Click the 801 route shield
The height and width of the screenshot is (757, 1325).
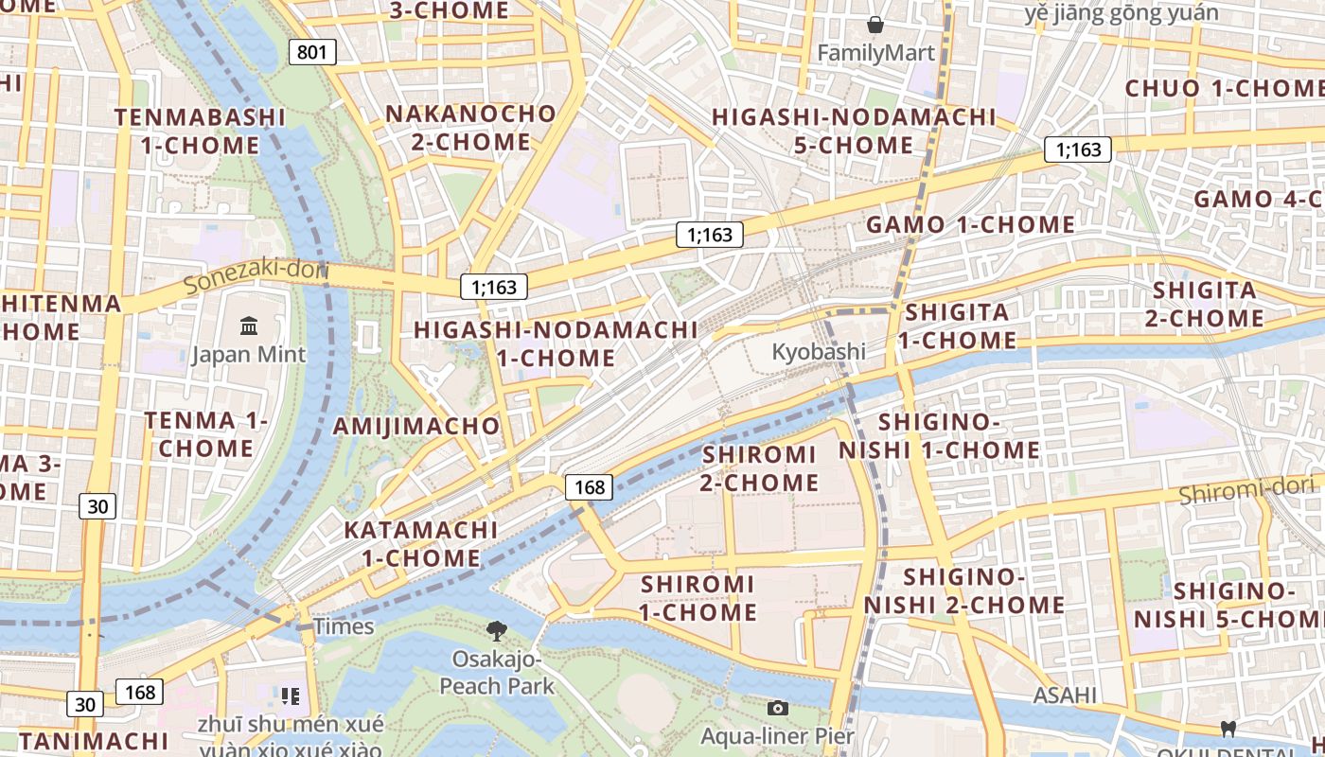pos(312,51)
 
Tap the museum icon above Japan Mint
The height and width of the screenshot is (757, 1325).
pos(249,326)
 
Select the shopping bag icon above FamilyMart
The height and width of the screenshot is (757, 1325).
pos(875,25)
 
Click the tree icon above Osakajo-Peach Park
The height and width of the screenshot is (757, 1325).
pos(496,630)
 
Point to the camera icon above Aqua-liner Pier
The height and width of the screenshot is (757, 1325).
pos(777,708)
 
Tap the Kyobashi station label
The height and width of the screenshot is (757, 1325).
pos(819,351)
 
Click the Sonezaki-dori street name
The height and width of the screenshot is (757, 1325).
pos(256,277)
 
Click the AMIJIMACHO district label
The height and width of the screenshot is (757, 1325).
pos(415,426)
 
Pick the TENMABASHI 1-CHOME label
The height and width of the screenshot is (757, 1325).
pos(200,132)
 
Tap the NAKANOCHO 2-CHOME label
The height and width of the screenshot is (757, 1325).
pos(470,128)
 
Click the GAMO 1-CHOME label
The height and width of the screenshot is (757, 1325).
pos(970,225)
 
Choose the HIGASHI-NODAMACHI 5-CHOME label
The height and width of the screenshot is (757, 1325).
pos(854,132)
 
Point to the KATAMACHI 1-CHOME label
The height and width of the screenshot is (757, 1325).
pos(421,544)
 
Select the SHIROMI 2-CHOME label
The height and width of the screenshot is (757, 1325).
pos(759,468)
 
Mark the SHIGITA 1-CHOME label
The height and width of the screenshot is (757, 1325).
pos(957,326)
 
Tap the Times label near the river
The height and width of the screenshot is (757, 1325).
pos(344,626)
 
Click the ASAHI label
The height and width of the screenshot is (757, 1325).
pos(1065,695)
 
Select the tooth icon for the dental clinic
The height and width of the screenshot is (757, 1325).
pos(1228,729)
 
